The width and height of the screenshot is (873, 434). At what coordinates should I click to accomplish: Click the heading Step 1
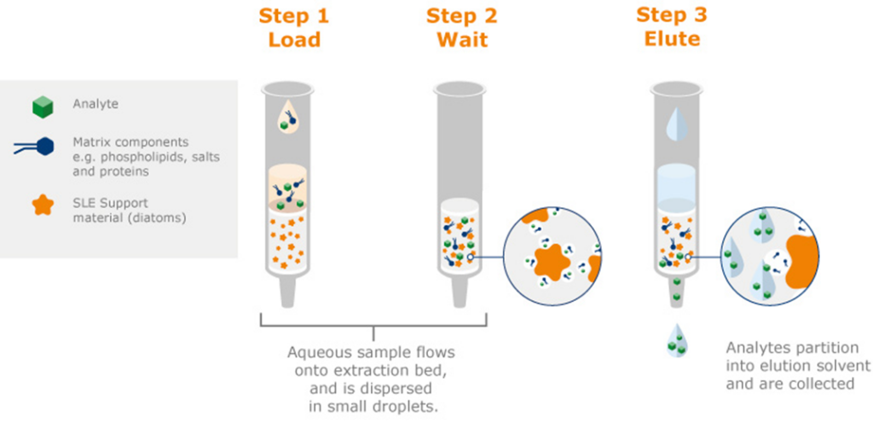(x=293, y=16)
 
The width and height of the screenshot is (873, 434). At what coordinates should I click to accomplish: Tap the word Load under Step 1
(x=293, y=40)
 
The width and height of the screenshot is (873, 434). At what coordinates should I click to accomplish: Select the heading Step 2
(x=461, y=16)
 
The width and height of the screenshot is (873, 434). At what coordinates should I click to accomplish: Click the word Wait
(x=461, y=40)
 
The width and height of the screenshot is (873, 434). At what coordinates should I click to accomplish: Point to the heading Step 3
(x=671, y=16)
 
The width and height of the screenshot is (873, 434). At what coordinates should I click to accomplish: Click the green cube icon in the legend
(x=43, y=106)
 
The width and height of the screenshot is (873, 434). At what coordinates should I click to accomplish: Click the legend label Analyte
(x=95, y=104)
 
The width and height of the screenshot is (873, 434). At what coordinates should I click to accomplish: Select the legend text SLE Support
(x=110, y=203)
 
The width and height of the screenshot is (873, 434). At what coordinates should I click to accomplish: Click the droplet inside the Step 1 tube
(x=292, y=119)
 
